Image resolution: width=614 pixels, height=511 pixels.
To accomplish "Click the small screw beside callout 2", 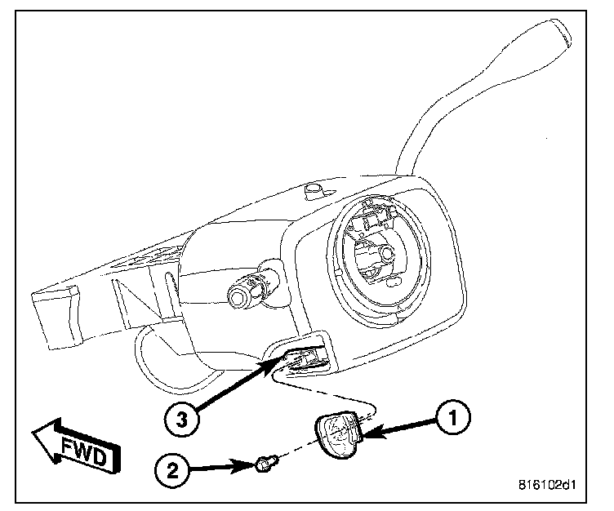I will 264,465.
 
